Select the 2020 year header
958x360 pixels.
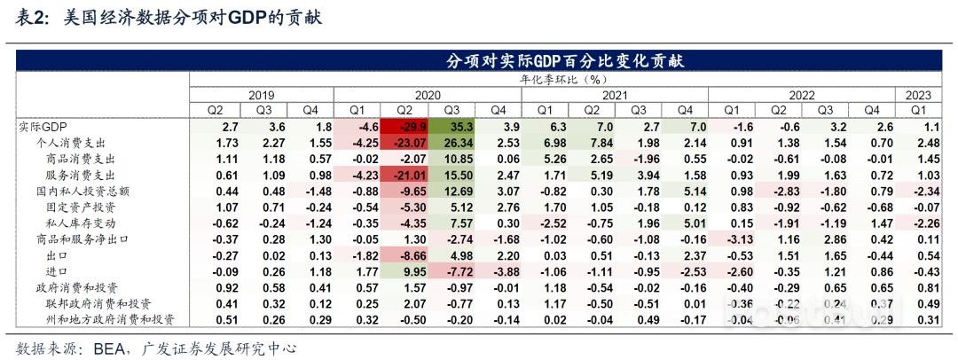point(428,94)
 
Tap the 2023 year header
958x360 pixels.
point(919,94)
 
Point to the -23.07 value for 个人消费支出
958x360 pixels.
point(400,143)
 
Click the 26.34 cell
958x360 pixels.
point(448,143)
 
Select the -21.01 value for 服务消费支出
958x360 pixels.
point(400,175)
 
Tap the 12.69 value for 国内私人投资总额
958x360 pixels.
point(448,191)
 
